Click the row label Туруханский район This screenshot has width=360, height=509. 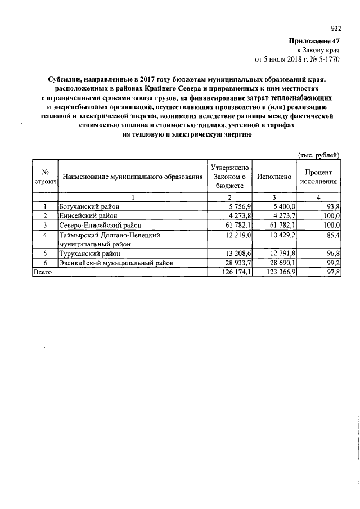click(90, 254)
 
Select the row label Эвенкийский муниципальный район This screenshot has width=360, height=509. click(116, 262)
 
